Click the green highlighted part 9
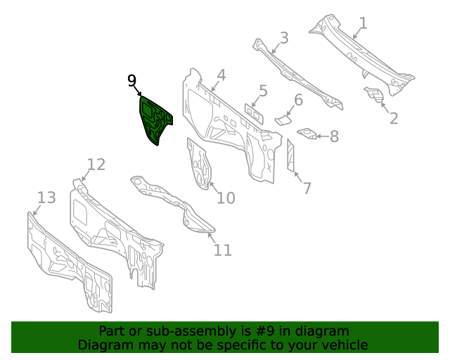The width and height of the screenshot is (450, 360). [155, 120]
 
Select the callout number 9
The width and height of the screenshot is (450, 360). [131, 81]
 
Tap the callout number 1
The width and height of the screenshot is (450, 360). [363, 24]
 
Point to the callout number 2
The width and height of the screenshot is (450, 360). [394, 118]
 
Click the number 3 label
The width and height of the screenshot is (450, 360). [283, 37]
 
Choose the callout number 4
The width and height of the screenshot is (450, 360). [221, 75]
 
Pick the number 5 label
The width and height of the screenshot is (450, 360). [263, 91]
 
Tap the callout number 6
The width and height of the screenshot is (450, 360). [298, 101]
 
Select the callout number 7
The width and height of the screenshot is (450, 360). [307, 188]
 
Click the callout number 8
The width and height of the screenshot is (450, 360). [334, 136]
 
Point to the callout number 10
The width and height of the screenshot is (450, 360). [225, 198]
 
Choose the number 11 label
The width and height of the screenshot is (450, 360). [222, 250]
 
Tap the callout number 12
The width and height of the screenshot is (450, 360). [96, 165]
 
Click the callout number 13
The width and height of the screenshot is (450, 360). [46, 198]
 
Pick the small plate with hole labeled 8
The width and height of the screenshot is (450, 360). [307, 133]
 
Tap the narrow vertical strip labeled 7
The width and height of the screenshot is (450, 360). [290, 155]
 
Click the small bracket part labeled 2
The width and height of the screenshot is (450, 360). [372, 94]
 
